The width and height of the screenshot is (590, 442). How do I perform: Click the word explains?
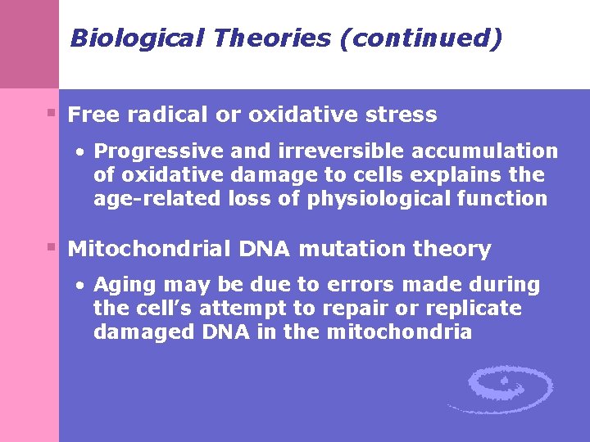453,174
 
